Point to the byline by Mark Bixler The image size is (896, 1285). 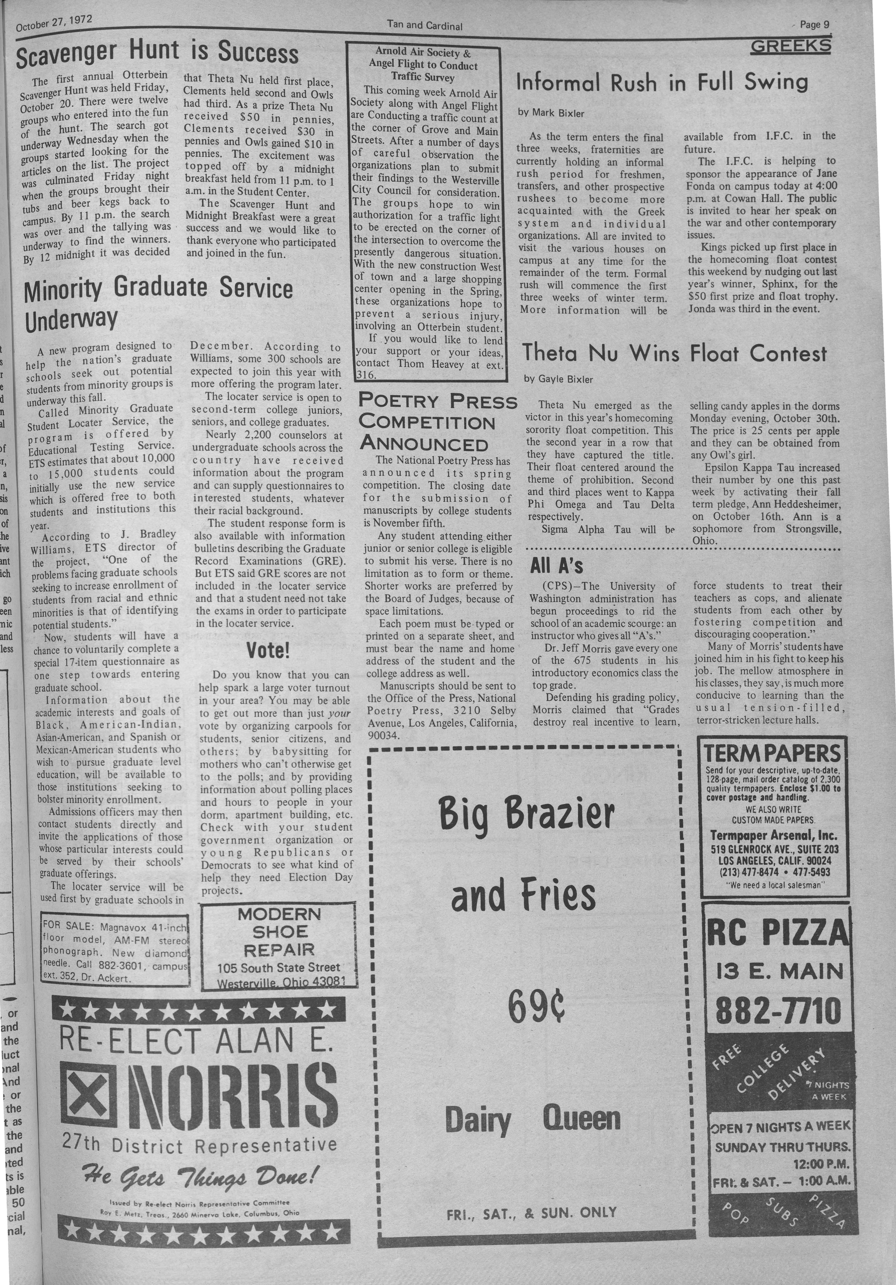click(x=551, y=113)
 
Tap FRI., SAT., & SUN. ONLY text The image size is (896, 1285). click(x=531, y=1212)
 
